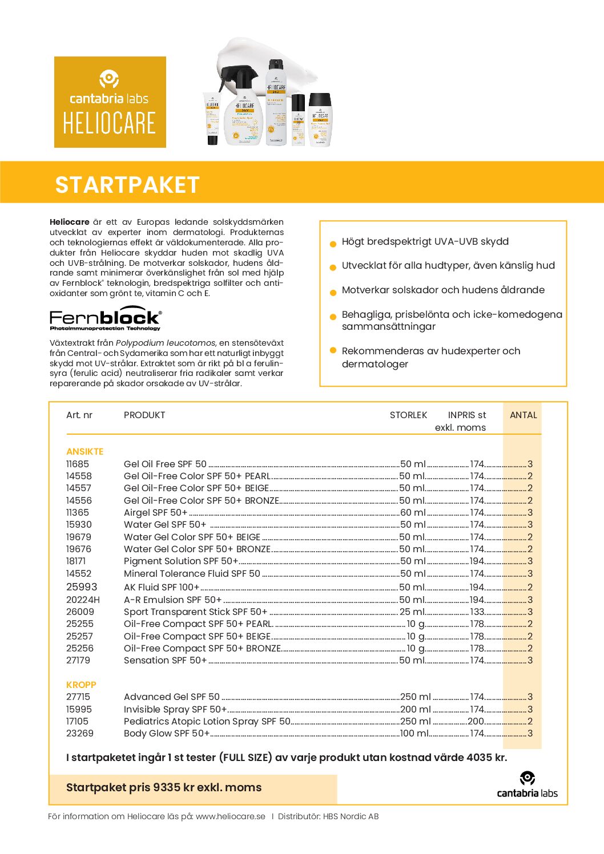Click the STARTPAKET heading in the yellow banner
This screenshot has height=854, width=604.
[x=127, y=185]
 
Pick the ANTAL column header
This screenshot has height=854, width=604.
[x=523, y=415]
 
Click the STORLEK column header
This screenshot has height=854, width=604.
[x=408, y=415]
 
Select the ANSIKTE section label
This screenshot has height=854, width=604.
[x=84, y=451]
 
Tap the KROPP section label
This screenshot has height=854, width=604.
[x=81, y=685]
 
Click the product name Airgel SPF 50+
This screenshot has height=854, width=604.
[x=155, y=512]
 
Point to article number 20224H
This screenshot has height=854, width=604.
[x=83, y=600]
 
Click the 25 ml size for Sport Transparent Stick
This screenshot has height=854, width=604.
[x=412, y=612]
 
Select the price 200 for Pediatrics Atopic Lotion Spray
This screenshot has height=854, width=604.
[x=476, y=721]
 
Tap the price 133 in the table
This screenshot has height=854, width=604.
[x=477, y=612]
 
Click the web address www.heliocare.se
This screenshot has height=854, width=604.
[x=230, y=816]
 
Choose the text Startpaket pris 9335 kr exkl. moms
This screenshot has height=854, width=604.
[x=164, y=787]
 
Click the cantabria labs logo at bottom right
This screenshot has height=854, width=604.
[x=527, y=785]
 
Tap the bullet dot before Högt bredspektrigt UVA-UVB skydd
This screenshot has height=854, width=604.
[x=333, y=244]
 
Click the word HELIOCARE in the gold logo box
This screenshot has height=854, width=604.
[x=110, y=124]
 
